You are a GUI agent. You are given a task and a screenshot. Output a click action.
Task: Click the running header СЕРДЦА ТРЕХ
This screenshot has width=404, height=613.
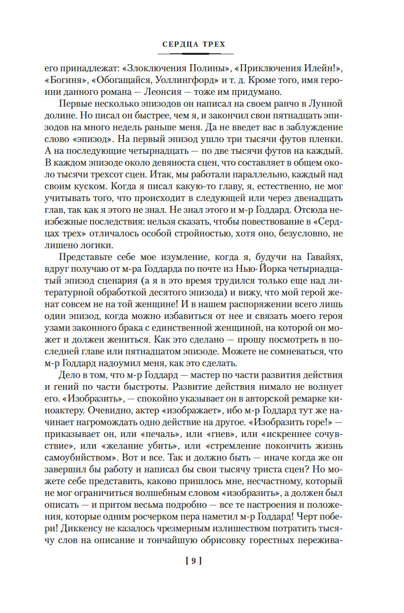point(194,44)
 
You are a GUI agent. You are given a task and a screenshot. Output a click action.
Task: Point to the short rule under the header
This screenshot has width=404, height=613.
point(194,54)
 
